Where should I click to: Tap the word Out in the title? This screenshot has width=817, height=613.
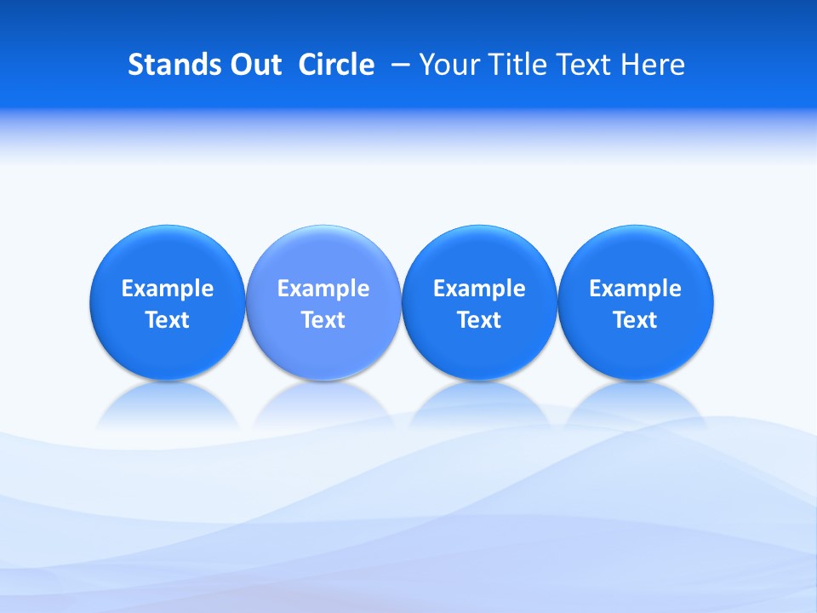254,65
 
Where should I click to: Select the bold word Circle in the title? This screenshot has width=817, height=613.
336,65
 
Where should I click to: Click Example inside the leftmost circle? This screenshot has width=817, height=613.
168,289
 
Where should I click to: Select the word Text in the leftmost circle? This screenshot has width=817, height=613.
168,320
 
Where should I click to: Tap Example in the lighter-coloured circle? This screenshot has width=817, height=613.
323,289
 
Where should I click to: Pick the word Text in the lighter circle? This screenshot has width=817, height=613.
323,320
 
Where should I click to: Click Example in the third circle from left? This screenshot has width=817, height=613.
479,289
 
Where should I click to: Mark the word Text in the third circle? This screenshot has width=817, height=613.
479,320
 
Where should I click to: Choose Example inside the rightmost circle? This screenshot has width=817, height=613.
635,289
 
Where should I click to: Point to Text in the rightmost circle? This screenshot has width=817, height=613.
635,320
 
